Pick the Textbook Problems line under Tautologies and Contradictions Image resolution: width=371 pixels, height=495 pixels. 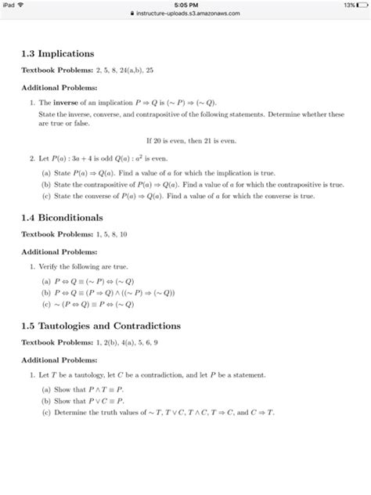(x=104, y=342)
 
